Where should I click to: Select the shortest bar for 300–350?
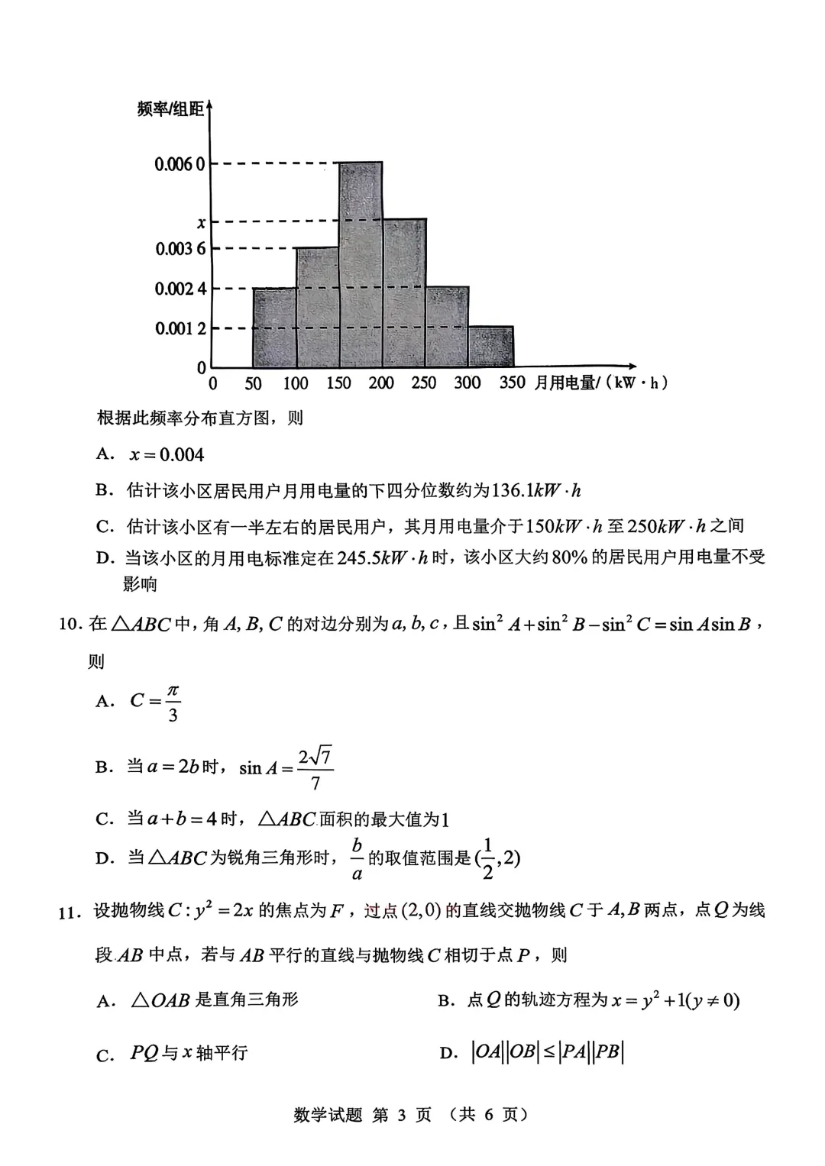(x=491, y=347)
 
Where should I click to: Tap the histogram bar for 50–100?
(x=274, y=328)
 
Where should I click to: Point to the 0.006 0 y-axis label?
(x=180, y=164)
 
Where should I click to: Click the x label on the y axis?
(x=201, y=223)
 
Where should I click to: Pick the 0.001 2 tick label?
(x=180, y=328)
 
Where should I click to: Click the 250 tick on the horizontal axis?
(x=424, y=383)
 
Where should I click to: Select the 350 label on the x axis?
(x=512, y=383)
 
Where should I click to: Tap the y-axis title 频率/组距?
(x=170, y=110)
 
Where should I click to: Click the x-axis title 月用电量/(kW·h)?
(x=600, y=383)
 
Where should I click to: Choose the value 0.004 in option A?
(x=181, y=455)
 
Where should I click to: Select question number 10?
(x=69, y=625)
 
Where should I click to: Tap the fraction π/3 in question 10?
(x=173, y=703)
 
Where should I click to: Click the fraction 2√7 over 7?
(x=315, y=769)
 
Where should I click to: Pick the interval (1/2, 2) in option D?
(x=497, y=858)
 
